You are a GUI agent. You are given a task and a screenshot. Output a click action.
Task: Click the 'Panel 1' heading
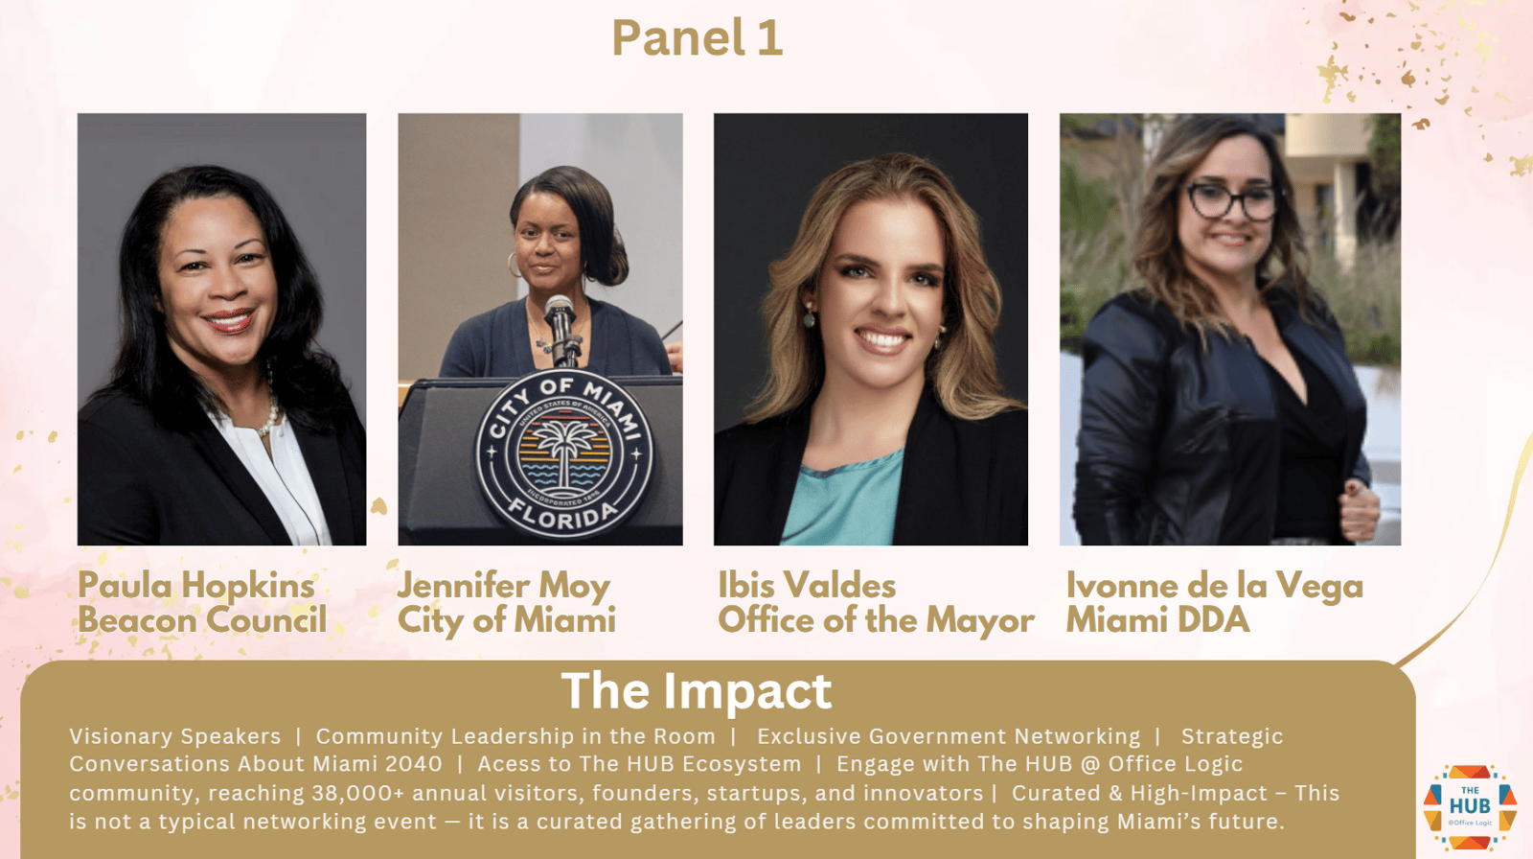[697, 37]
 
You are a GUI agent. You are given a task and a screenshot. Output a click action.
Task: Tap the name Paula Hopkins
[196, 587]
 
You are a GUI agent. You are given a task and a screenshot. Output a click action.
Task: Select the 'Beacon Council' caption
[202, 620]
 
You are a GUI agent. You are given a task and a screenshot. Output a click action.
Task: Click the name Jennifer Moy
[504, 587]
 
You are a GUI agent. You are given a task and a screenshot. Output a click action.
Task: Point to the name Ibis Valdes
[807, 586]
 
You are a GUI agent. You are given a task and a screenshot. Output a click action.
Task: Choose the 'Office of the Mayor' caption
[876, 620]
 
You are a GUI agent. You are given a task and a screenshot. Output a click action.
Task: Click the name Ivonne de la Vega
[1215, 587]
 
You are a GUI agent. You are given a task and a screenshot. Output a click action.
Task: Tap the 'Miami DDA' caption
[1158, 620]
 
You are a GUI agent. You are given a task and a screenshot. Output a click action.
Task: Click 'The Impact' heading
[697, 690]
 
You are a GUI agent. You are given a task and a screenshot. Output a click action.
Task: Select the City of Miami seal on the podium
[564, 453]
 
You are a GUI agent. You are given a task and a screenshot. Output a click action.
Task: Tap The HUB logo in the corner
[1470, 807]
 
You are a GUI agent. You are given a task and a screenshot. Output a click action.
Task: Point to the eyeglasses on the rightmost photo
[1232, 200]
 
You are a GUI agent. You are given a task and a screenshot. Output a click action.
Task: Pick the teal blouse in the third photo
[842, 497]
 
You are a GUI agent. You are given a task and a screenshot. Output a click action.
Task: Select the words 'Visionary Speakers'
[175, 736]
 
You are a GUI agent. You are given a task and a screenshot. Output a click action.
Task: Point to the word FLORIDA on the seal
[562, 515]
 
